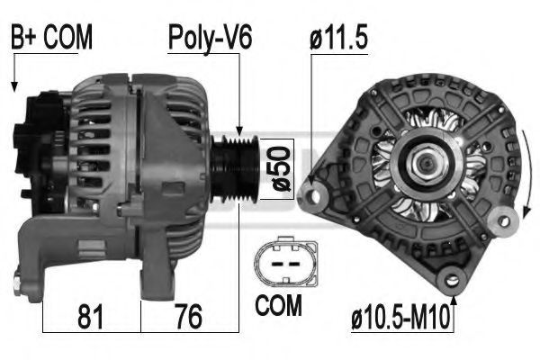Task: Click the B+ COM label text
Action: pyautogui.click(x=51, y=37)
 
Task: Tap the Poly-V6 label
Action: pyautogui.click(x=210, y=38)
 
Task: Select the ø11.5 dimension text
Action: pyautogui.click(x=338, y=37)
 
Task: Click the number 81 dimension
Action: pyautogui.click(x=90, y=317)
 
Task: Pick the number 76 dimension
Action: pyautogui.click(x=189, y=317)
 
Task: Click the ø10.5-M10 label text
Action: pyautogui.click(x=400, y=317)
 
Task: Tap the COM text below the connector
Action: pyautogui.click(x=278, y=305)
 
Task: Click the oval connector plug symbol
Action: pyautogui.click(x=286, y=261)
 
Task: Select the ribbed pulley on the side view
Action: pyautogui.click(x=234, y=169)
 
